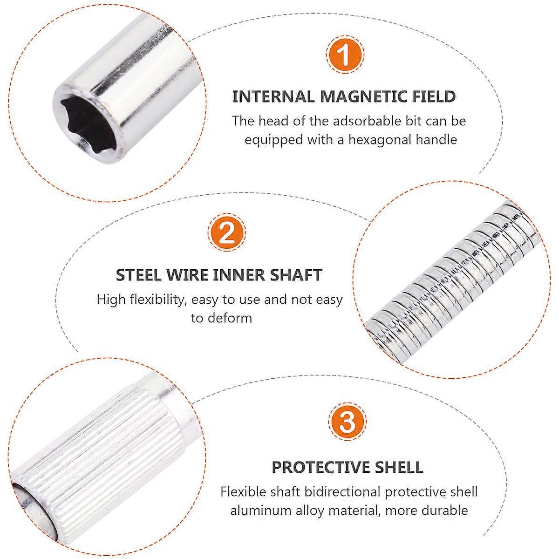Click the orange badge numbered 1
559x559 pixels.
345,55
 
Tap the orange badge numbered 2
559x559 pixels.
226,232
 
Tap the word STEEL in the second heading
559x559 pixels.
138,275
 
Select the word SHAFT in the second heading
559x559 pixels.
296,275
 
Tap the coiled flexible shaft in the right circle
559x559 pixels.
452,279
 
